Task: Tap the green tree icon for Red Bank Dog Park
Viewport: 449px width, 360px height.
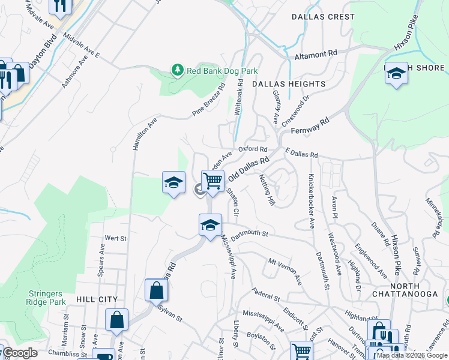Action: [x=177, y=71]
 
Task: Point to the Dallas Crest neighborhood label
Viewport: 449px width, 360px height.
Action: [x=323, y=17]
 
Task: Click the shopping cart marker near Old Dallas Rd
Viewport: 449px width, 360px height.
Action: [x=212, y=181]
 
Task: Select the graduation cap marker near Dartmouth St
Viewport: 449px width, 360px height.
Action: [x=209, y=226]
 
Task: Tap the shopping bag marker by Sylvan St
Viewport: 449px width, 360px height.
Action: [x=156, y=292]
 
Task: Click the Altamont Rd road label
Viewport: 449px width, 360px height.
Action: [x=317, y=54]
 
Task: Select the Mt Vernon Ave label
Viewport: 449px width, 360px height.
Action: [x=285, y=269]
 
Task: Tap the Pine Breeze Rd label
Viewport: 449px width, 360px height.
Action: [x=208, y=99]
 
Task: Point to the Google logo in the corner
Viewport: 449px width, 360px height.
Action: [x=20, y=353]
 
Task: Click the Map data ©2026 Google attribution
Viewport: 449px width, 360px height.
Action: [x=412, y=355]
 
